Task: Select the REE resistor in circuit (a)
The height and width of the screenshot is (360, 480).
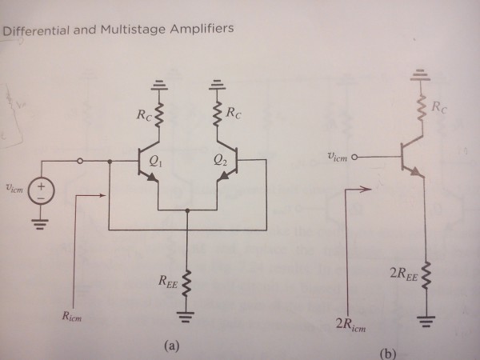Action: (x=188, y=280)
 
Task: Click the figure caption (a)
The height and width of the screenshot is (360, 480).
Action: (x=169, y=346)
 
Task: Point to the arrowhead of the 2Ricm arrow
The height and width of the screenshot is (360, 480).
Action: (x=368, y=190)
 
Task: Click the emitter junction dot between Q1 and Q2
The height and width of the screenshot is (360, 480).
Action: (x=188, y=212)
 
